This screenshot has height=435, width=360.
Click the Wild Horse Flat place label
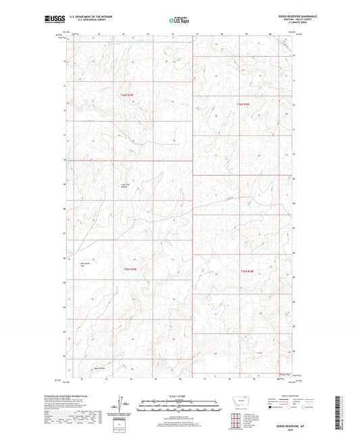85,265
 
